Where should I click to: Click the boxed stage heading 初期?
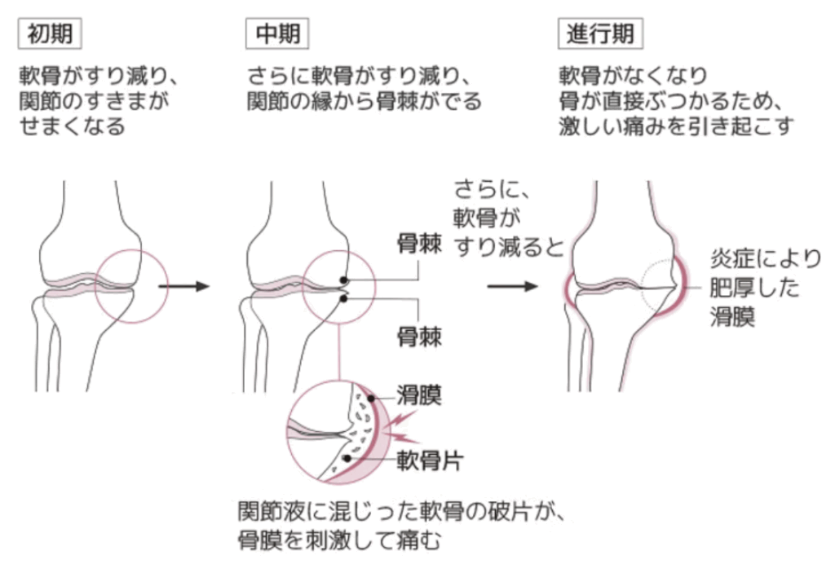[x=50, y=34]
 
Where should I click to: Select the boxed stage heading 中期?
[x=277, y=34]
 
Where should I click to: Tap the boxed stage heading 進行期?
[x=600, y=34]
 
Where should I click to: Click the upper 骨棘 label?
[x=420, y=245]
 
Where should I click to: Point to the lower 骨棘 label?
[x=420, y=337]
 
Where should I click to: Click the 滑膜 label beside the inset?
[x=420, y=396]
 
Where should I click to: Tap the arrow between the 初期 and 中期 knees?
[x=184, y=286]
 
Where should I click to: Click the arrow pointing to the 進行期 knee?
[x=512, y=286]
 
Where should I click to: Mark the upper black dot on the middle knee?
[x=344, y=280]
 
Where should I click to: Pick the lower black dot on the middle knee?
[x=344, y=299]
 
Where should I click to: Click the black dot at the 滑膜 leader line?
[x=371, y=398]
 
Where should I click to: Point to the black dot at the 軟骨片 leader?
[x=347, y=457]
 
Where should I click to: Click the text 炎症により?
[x=766, y=259]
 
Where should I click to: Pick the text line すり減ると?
[x=509, y=246]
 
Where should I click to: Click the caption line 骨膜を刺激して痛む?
[x=339, y=541]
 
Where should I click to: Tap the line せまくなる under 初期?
[x=73, y=126]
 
